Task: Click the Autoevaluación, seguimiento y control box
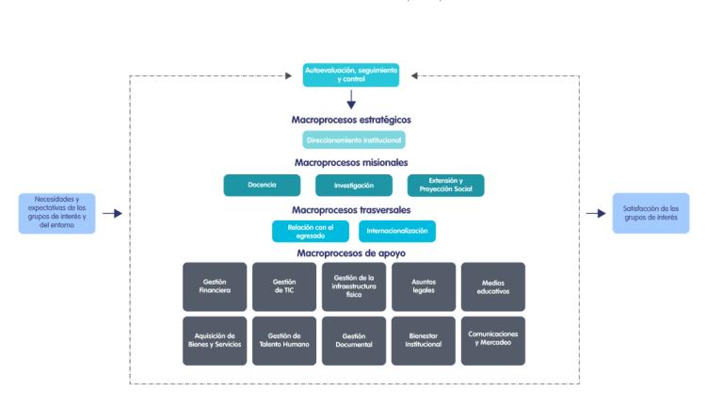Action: pyautogui.click(x=351, y=74)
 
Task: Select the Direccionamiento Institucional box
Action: pyautogui.click(x=354, y=139)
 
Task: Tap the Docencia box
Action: pyautogui.click(x=261, y=186)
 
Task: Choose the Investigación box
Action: pyautogui.click(x=353, y=186)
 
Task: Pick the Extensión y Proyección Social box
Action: pyautogui.click(x=445, y=186)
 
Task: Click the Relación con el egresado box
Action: pyautogui.click(x=311, y=231)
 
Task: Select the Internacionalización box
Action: pyautogui.click(x=397, y=231)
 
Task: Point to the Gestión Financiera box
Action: pyautogui.click(x=215, y=286)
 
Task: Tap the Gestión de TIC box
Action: pyautogui.click(x=284, y=286)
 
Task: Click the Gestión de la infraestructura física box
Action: pyautogui.click(x=354, y=286)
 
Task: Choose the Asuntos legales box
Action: pyautogui.click(x=423, y=286)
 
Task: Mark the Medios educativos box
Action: pyautogui.click(x=492, y=286)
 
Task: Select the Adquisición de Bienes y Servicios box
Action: pyautogui.click(x=215, y=340)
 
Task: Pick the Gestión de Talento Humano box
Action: pyautogui.click(x=284, y=340)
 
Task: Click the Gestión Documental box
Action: pyautogui.click(x=354, y=340)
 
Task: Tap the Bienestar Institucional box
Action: pyautogui.click(x=423, y=340)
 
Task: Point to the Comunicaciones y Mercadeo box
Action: pyautogui.click(x=492, y=340)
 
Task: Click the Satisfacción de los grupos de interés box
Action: pyautogui.click(x=650, y=214)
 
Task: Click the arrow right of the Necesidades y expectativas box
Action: pyautogui.click(x=112, y=214)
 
